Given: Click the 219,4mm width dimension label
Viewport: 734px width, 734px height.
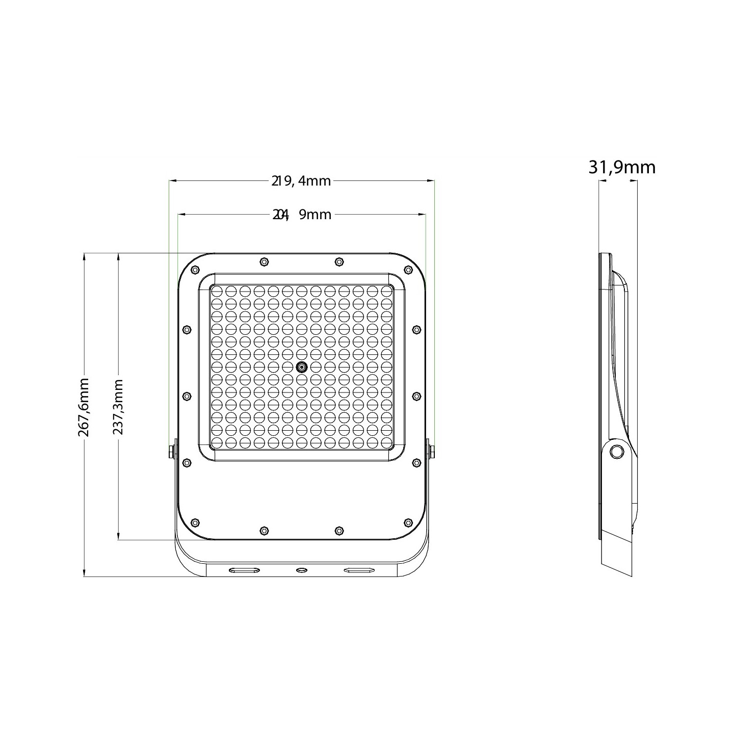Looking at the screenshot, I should (x=301, y=180).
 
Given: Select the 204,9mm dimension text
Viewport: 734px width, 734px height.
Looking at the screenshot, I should (x=302, y=215).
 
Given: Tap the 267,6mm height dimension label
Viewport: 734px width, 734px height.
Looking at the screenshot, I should (x=84, y=407).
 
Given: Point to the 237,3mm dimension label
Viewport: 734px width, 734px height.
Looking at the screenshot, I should (x=118, y=407).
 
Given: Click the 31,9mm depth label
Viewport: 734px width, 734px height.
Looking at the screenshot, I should (x=622, y=167).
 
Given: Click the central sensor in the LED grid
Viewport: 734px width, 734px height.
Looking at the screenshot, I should (x=302, y=367).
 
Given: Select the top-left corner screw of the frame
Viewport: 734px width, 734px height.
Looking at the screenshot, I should (x=194, y=270).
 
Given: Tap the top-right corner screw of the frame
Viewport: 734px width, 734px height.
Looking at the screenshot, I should (x=408, y=270).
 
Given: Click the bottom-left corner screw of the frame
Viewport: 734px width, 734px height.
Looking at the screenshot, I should (x=194, y=522).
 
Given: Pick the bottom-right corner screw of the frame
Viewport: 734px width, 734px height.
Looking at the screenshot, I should (x=408, y=522).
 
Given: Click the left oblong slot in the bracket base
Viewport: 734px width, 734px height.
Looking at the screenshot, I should (x=243, y=569).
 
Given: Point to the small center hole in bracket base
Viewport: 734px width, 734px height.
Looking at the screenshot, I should (x=302, y=569).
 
